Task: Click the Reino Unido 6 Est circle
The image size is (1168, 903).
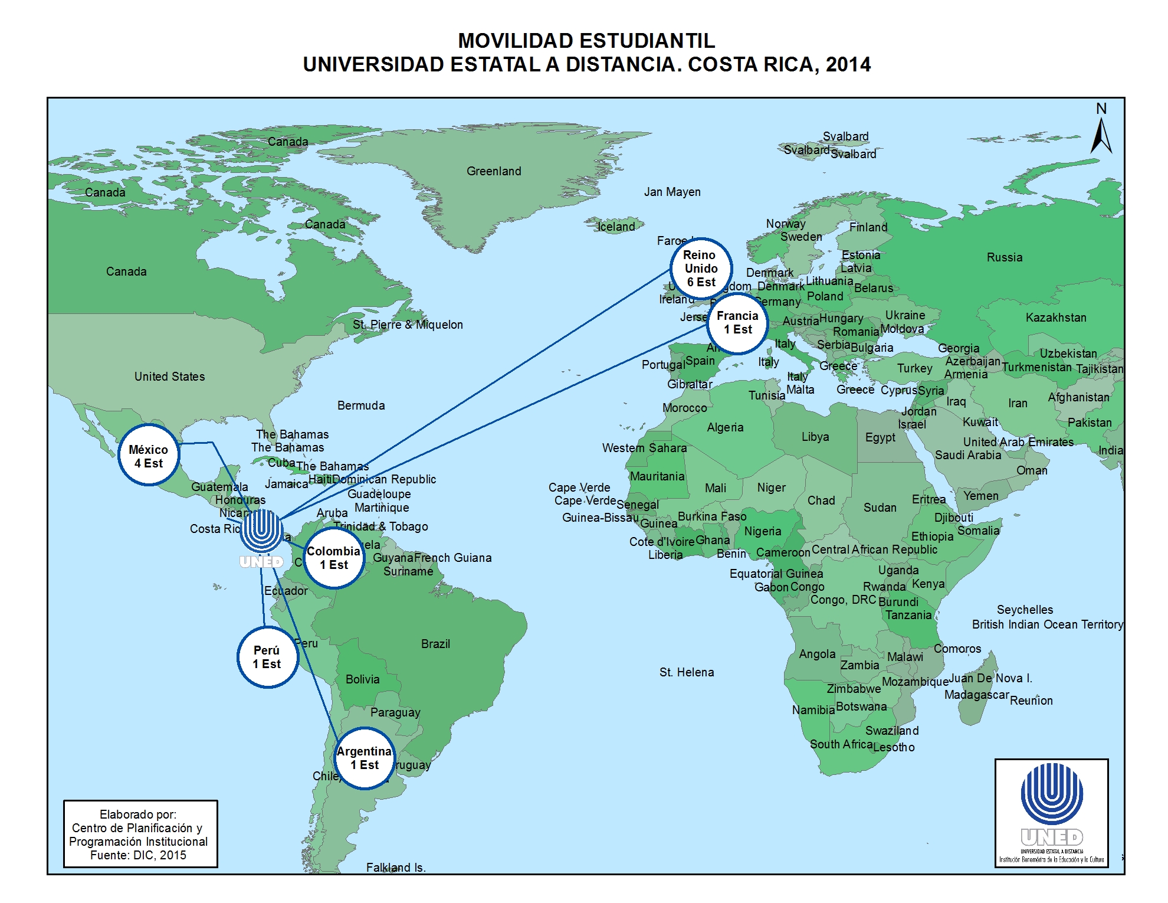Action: point(701,269)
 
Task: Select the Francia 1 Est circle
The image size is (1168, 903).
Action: point(737,323)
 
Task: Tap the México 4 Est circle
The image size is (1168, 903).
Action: point(149,456)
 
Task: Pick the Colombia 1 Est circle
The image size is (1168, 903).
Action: point(334,558)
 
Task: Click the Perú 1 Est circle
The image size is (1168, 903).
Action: point(267,657)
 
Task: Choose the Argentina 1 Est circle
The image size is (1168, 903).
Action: point(364,758)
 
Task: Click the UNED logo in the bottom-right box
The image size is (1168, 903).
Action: point(1051,806)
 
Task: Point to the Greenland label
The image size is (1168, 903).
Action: point(494,171)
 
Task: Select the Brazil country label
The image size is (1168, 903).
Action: point(435,644)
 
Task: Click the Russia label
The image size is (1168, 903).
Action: point(1004,257)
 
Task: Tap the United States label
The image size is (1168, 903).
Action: point(169,377)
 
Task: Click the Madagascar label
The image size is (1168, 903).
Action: point(976,695)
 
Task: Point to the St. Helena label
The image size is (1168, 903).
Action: point(686,672)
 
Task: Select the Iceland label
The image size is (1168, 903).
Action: point(616,227)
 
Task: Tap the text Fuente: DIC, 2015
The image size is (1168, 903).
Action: point(138,855)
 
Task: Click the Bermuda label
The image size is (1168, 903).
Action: point(361,405)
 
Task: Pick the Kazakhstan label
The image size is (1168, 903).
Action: point(1055,318)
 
